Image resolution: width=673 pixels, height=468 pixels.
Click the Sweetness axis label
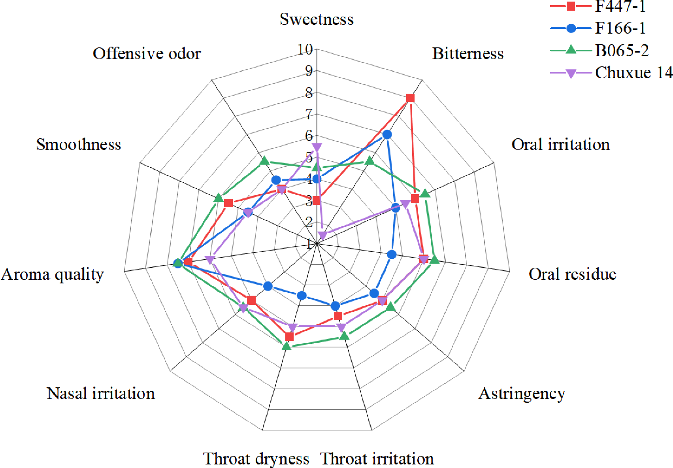[316, 19]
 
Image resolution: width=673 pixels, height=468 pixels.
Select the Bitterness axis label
[468, 54]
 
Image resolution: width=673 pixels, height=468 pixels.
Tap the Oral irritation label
[560, 145]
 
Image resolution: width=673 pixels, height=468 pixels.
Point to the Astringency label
[522, 394]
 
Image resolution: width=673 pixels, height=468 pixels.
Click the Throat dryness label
[256, 459]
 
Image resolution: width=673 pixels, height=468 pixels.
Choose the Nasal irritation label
[101, 394]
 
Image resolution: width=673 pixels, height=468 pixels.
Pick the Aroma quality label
[52, 274]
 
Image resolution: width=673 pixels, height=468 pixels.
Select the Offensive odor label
[147, 54]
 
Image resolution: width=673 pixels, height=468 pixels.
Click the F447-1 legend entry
[620, 6]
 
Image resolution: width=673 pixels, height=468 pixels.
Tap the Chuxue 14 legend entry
[633, 73]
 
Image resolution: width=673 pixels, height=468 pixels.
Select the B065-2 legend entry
[622, 51]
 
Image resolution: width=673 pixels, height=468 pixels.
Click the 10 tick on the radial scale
[305, 50]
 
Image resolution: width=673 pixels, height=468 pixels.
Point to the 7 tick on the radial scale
[308, 115]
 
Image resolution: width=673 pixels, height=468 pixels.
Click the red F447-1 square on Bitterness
[410, 98]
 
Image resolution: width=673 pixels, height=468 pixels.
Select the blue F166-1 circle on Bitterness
[387, 135]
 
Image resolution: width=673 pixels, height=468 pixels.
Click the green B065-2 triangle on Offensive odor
[264, 161]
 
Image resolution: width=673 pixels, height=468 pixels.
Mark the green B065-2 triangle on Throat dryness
[287, 346]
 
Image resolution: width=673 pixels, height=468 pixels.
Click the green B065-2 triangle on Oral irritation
[425, 193]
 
